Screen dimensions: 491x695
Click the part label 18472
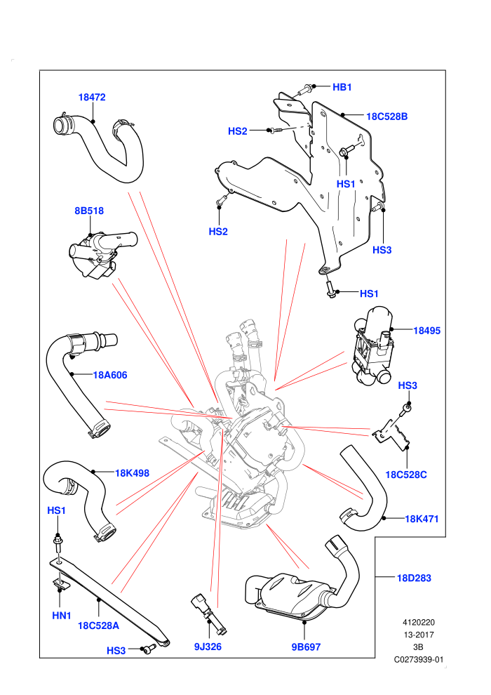tap(92, 97)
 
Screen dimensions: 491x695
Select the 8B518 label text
tap(89, 211)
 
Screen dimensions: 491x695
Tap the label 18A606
tap(110, 375)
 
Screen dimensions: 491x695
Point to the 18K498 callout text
tap(133, 473)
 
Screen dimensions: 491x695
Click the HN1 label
tap(62, 616)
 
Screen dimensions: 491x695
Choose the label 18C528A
tap(99, 626)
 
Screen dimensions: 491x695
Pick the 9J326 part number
tap(208, 647)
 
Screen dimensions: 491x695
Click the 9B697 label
tap(306, 647)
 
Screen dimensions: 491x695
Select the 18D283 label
tap(414, 578)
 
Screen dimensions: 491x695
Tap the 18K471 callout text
tap(422, 519)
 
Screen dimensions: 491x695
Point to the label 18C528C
tap(406, 475)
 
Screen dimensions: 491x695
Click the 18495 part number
tap(426, 331)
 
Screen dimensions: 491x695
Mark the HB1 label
tap(342, 87)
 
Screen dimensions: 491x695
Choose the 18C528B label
tap(387, 117)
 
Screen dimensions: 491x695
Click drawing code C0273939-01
tap(419, 659)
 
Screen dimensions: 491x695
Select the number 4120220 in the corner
tap(418, 622)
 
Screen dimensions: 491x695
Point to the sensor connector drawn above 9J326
tap(209, 614)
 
